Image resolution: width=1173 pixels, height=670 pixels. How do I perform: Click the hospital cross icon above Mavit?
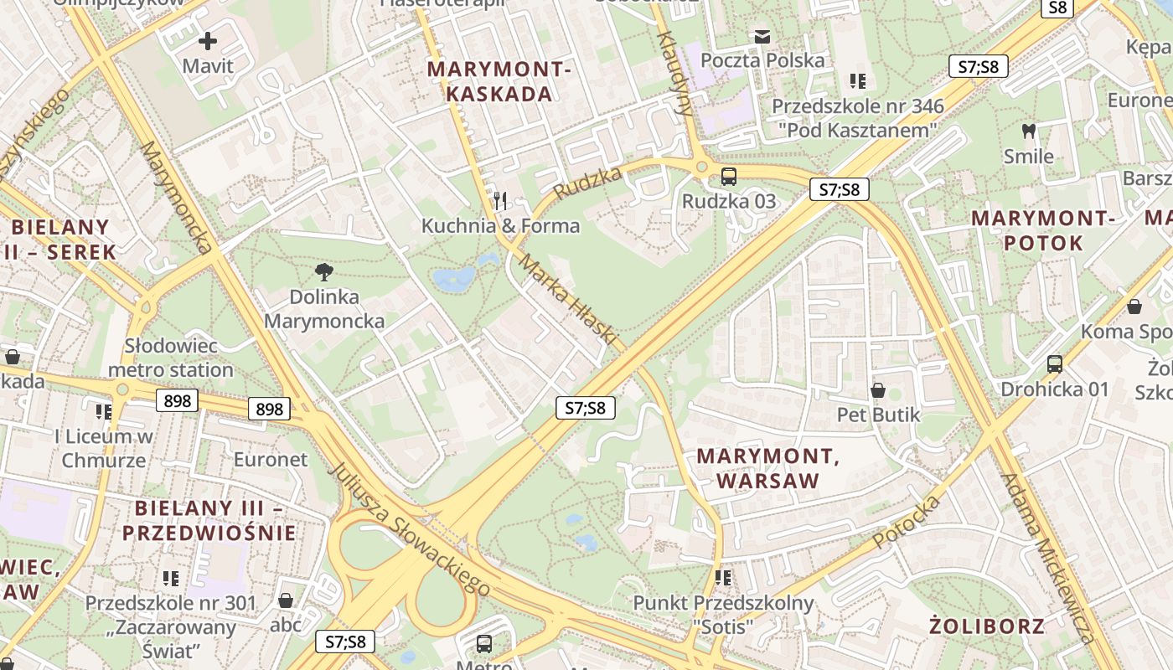[208, 40]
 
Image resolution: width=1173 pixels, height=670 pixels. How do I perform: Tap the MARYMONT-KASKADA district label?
[499, 82]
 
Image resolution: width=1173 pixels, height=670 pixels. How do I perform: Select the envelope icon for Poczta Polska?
[762, 36]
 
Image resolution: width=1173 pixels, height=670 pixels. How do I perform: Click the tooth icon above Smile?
[1029, 131]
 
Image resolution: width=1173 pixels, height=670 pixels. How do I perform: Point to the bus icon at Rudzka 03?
[729, 177]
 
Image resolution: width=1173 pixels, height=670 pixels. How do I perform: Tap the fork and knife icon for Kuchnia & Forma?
[500, 200]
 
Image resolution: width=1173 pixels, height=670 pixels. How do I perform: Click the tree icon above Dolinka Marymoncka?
[324, 271]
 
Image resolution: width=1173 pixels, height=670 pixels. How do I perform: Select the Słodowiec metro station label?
[171, 358]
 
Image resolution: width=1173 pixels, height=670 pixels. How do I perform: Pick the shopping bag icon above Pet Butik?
[878, 390]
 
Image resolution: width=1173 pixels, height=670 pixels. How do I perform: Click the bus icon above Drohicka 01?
[1055, 364]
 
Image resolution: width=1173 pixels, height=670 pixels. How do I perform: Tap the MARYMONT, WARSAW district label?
[768, 469]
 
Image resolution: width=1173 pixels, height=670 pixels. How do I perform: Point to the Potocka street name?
[907, 522]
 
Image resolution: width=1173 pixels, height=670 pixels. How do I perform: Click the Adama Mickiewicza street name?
[1048, 558]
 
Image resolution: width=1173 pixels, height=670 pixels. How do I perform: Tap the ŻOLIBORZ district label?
[987, 626]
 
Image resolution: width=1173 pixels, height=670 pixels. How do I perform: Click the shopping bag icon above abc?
[286, 600]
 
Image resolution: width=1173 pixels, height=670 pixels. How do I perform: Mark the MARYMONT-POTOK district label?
[1042, 231]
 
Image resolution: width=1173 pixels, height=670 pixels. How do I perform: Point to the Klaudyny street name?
[675, 73]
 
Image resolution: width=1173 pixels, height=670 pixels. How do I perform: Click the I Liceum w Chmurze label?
[104, 448]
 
